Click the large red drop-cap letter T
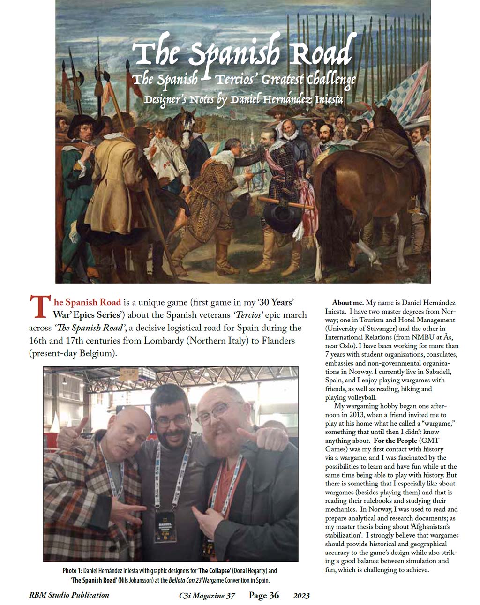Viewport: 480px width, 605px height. pos(38,307)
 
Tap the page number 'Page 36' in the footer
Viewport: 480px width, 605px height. pos(264,595)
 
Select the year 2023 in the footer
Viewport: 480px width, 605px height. pos(301,596)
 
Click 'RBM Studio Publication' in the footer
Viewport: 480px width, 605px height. pos(69,595)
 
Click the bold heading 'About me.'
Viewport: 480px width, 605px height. pos(348,303)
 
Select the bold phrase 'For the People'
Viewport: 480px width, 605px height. pos(395,441)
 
